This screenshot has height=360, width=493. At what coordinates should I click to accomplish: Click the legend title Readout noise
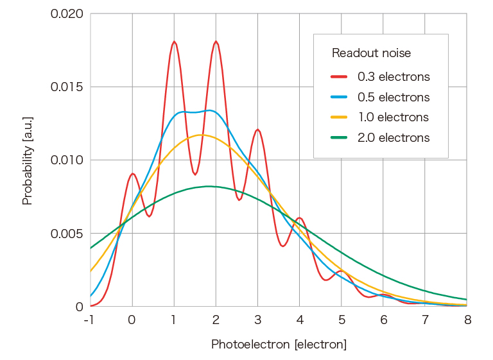pyautogui.click(x=371, y=53)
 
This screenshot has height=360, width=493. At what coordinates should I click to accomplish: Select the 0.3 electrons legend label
pyautogui.click(x=394, y=77)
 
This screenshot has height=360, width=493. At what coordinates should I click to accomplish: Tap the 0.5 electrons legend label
pyautogui.click(x=394, y=98)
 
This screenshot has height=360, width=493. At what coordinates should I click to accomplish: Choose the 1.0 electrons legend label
pyautogui.click(x=393, y=117)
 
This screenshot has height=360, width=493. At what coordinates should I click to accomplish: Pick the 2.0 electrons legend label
pyautogui.click(x=394, y=138)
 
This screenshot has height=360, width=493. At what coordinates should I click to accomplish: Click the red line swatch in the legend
pyautogui.click(x=339, y=77)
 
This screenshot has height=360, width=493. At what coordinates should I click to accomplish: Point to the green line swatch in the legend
pyautogui.click(x=339, y=138)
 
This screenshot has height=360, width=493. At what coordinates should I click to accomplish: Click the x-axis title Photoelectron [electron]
pyautogui.click(x=279, y=345)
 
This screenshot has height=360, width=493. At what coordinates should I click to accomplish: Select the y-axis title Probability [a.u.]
pyautogui.click(x=27, y=160)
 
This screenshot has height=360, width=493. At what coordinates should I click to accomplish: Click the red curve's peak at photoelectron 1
pyautogui.click(x=174, y=42)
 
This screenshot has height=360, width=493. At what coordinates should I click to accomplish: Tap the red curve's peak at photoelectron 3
pyautogui.click(x=257, y=130)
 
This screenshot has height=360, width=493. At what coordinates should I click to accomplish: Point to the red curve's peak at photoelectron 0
pyautogui.click(x=132, y=173)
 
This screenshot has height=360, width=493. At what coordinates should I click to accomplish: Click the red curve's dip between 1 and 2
pyautogui.click(x=195, y=174)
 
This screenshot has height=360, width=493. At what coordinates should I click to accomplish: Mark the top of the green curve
pyautogui.click(x=209, y=186)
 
